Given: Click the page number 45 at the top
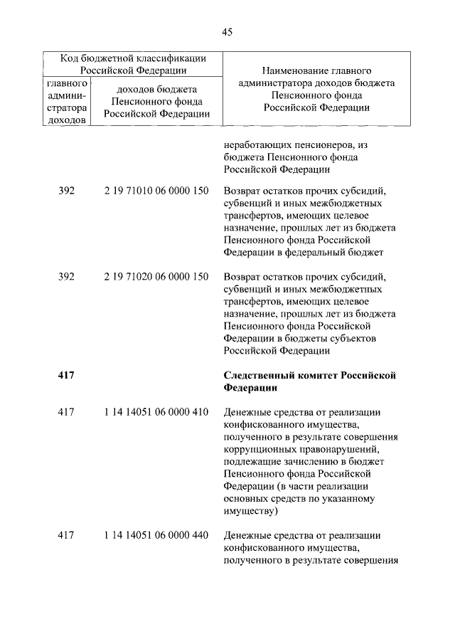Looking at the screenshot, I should click(227, 31).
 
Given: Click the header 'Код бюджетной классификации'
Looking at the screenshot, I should click(134, 58).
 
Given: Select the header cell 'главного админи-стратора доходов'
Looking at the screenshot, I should click(66, 101).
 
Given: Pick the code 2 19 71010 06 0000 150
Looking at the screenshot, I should click(156, 192).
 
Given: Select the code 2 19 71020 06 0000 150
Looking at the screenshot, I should click(156, 277).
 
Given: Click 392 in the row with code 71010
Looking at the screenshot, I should click(66, 192).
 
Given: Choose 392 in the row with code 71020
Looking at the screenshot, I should click(66, 277).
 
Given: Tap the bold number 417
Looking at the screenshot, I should click(66, 375).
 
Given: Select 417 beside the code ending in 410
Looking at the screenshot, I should click(66, 412).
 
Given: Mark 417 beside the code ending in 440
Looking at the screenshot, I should click(66, 534).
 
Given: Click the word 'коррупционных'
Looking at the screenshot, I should click(258, 449).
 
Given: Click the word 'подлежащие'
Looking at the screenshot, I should click(250, 461).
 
